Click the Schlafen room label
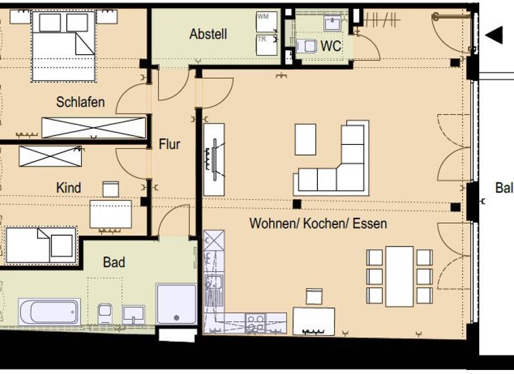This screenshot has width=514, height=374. pos(80,102)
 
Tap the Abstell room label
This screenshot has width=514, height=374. pos(208,34)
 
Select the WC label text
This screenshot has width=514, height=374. pos(331,47)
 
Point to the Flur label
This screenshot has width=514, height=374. pos(169,144)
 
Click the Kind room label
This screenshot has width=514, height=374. pos(68,188)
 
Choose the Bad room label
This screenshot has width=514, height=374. pos(114,262)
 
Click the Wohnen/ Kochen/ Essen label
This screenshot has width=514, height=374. pos(318,223)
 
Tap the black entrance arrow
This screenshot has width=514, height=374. pos(494,35)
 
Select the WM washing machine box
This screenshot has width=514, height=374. pos(266,21)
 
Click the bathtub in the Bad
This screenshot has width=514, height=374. pos(50,312)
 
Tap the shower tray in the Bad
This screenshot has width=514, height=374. pos(176,305)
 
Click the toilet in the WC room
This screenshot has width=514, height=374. pos(307,46)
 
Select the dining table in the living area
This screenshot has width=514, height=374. pos(399,276)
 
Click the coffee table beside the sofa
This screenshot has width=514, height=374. pos(305,139)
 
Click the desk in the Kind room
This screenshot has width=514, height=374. pos(110,214)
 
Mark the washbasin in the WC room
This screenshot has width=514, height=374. pos(333,23)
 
